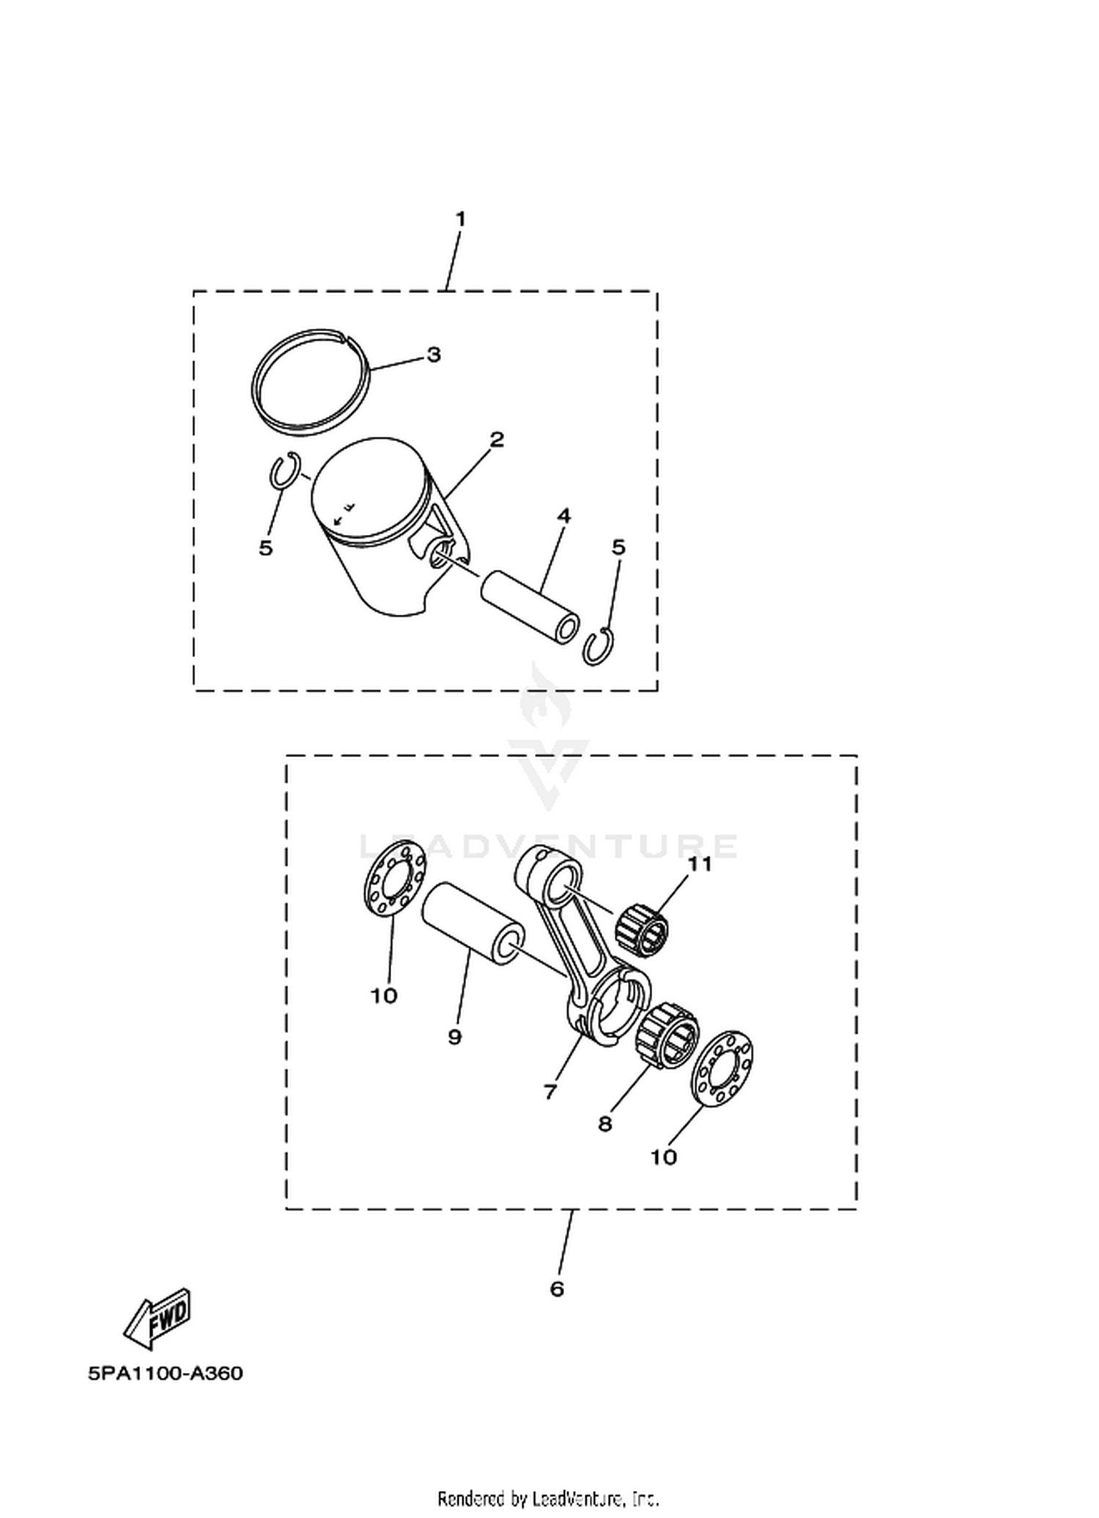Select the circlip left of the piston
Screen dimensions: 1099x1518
point(273,470)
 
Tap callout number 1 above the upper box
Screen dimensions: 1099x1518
point(460,219)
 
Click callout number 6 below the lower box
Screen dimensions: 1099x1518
point(557,1288)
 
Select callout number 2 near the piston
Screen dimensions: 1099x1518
point(497,440)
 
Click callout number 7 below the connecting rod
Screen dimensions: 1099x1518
point(550,1092)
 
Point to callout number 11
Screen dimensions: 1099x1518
point(700,864)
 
